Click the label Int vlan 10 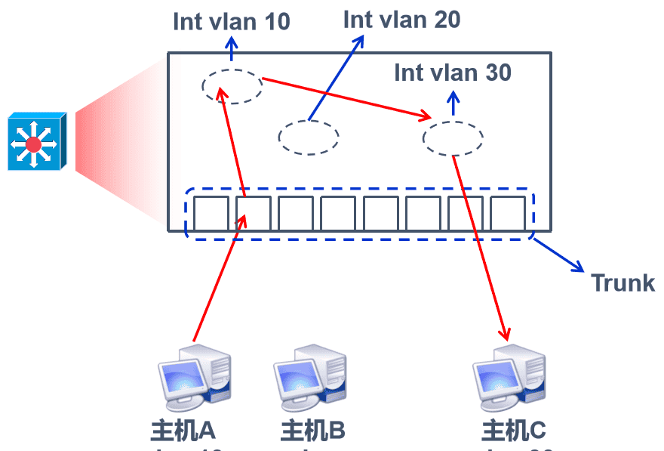[x=232, y=21]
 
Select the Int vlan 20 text [x=401, y=19]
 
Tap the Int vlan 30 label [x=453, y=73]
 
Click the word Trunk [x=622, y=283]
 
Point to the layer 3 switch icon [x=37, y=142]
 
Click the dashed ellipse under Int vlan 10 [x=232, y=86]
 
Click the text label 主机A [x=183, y=431]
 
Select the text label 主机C [x=513, y=431]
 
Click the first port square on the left [x=211, y=214]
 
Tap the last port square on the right [x=508, y=214]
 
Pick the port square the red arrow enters [x=253, y=214]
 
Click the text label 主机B [x=312, y=431]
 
